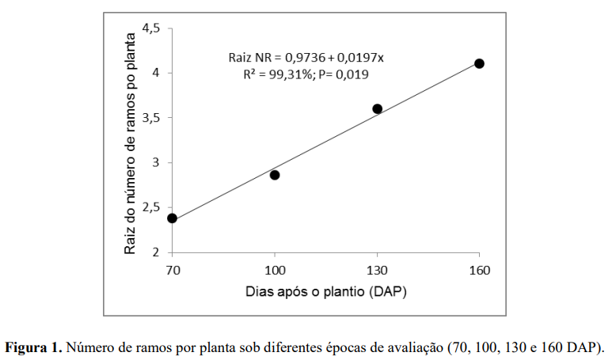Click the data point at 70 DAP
tap(173, 218)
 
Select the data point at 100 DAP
tap(275, 175)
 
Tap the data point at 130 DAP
tap(378, 108)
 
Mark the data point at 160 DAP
tap(479, 63)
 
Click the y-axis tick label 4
tap(157, 73)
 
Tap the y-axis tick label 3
tap(157, 162)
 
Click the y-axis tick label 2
tap(157, 252)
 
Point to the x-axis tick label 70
tap(173, 270)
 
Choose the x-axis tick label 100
tap(275, 270)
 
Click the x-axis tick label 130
tap(378, 270)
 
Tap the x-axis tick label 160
tap(479, 270)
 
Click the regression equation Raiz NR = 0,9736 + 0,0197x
tap(306, 58)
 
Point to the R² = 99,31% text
tap(274, 74)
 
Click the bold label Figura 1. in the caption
tap(33, 347)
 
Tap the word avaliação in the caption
tap(417, 347)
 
